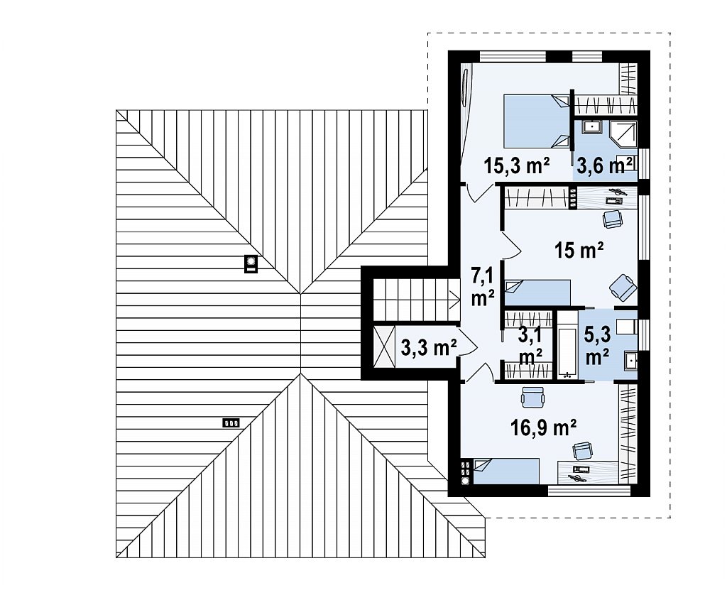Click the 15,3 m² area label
pyautogui.click(x=517, y=165)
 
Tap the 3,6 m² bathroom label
pyautogui.click(x=604, y=165)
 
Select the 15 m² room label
pyautogui.click(x=579, y=250)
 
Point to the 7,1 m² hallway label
pyautogui.click(x=483, y=287)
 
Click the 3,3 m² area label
pyautogui.click(x=429, y=347)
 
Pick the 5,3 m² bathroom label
pyautogui.click(x=597, y=345)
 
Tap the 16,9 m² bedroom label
pyautogui.click(x=543, y=427)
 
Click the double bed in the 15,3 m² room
pyautogui.click(x=537, y=121)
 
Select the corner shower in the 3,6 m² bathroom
pyautogui.click(x=623, y=134)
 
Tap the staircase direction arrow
pyautogui.click(x=453, y=300)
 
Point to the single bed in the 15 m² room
pyautogui.click(x=537, y=293)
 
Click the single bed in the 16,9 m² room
pyautogui.click(x=506, y=471)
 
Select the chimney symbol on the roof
pyautogui.click(x=251, y=264)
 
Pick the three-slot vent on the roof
pyautogui.click(x=231, y=422)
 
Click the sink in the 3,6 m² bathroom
pyautogui.click(x=591, y=126)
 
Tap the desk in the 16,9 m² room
pyautogui.click(x=588, y=473)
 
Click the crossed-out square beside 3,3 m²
pyautogui.click(x=384, y=347)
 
